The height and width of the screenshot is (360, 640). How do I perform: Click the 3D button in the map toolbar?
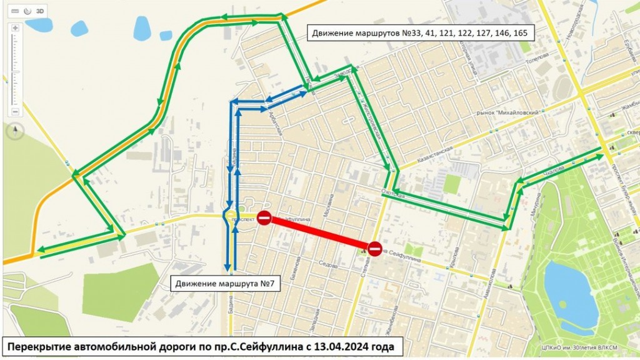[40, 11]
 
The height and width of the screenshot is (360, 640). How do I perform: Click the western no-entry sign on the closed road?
[264, 217]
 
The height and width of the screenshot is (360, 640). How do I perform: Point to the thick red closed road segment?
[319, 232]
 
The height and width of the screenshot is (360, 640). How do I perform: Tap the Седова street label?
[327, 264]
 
